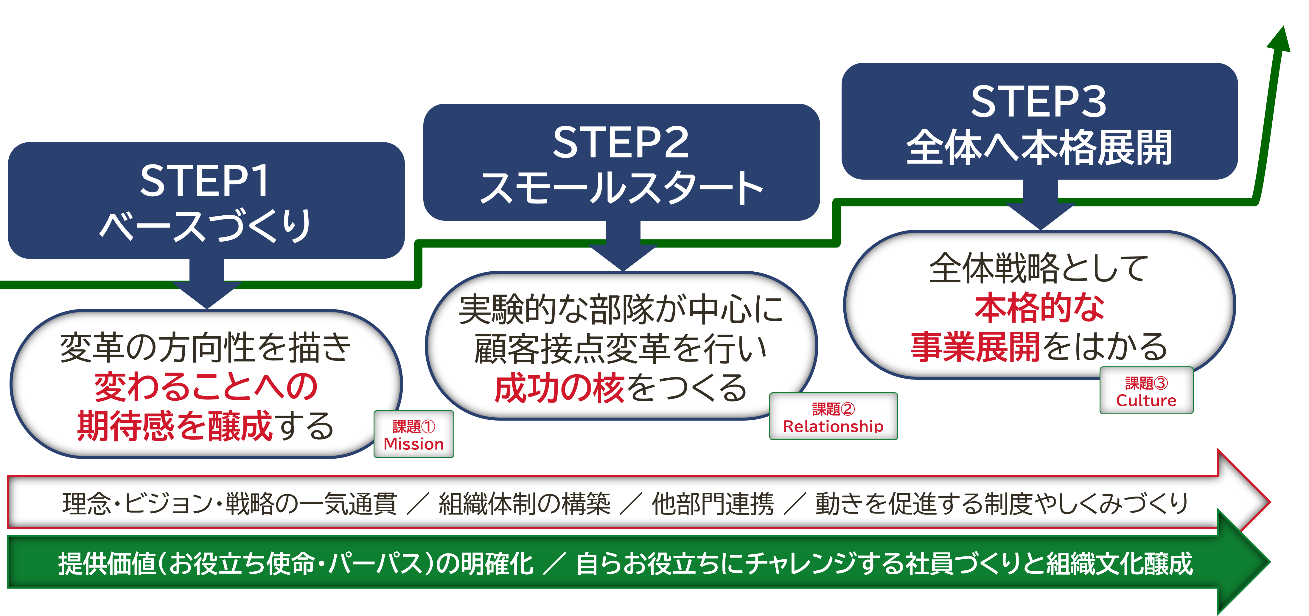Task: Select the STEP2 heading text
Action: (621, 142)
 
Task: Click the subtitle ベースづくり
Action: (205, 225)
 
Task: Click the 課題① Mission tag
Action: (413, 435)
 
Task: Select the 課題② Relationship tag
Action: (833, 416)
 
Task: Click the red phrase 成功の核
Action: (559, 388)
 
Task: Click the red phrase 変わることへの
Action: (206, 386)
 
